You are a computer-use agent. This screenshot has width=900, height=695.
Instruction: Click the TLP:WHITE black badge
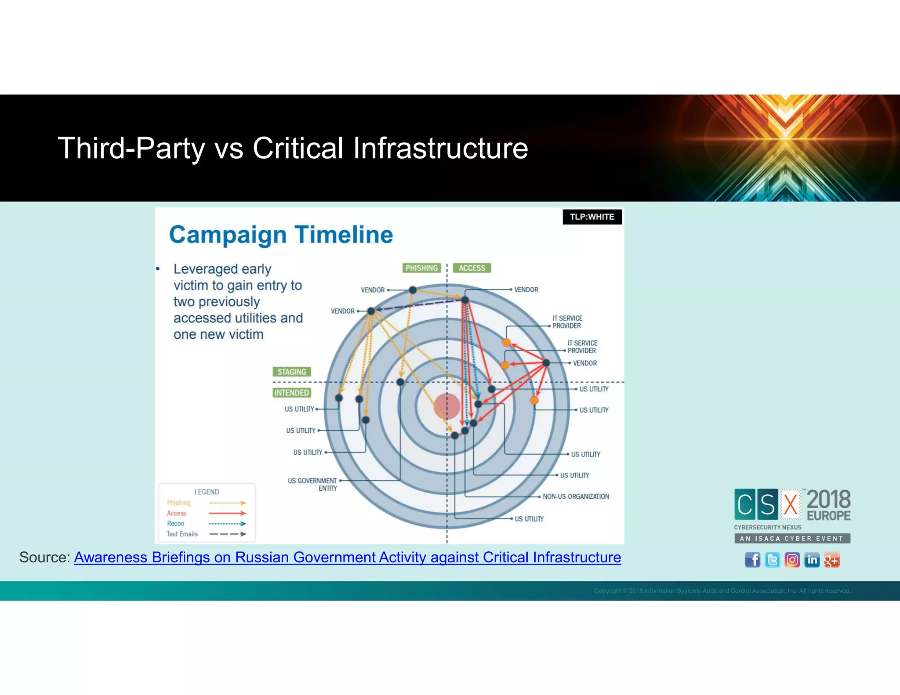[x=592, y=217]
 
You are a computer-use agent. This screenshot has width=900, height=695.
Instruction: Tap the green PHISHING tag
[x=421, y=268]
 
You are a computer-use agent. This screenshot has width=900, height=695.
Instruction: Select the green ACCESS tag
[x=472, y=268]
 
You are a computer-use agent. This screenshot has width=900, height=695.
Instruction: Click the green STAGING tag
[x=292, y=372]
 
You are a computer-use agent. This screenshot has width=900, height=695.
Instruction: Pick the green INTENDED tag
[x=291, y=393]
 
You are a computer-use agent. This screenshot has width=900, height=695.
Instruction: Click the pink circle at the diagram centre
[x=446, y=406]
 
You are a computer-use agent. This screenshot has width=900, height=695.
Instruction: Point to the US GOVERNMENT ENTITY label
[x=313, y=484]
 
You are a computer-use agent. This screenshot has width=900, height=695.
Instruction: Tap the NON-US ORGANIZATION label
[x=576, y=496]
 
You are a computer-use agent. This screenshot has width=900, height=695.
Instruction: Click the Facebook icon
[x=752, y=560]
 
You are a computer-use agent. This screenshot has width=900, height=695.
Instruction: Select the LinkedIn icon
[x=812, y=560]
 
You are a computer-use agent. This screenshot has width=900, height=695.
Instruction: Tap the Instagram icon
[x=792, y=560]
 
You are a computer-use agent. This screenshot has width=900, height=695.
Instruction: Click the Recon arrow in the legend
[x=227, y=524]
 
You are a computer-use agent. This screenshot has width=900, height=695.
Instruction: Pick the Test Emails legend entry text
[x=182, y=534]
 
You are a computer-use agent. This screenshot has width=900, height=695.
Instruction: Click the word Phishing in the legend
[x=178, y=503]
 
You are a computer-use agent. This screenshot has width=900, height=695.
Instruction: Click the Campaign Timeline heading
[x=281, y=235]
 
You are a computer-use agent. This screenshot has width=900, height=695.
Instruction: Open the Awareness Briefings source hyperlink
[x=347, y=557]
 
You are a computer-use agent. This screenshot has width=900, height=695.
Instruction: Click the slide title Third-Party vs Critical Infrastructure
[x=293, y=148]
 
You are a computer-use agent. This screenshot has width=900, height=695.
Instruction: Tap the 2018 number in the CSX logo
[x=828, y=500]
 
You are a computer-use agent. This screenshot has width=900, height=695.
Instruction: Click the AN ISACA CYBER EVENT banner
[x=792, y=538]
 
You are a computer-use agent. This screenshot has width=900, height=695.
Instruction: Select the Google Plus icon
[x=831, y=560]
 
